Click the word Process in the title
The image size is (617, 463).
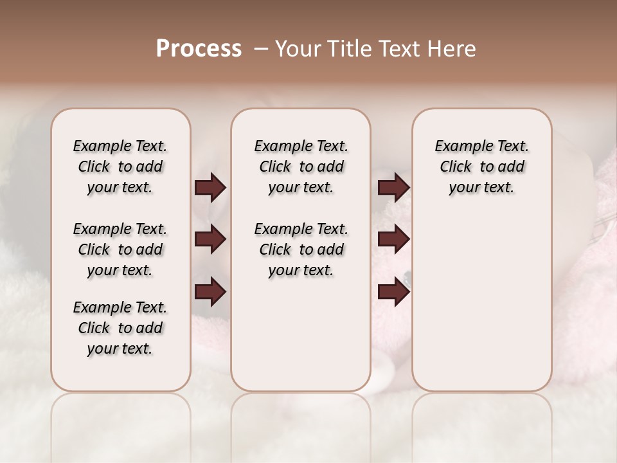(x=199, y=48)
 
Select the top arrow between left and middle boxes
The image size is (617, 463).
(x=210, y=188)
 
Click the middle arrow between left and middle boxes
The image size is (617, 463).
(x=210, y=240)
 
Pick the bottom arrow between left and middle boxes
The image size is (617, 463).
(x=210, y=292)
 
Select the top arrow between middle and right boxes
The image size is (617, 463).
(x=393, y=188)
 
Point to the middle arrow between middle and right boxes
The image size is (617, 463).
(x=393, y=240)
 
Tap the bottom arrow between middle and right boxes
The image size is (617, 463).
(x=393, y=292)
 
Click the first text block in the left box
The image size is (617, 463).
(x=120, y=167)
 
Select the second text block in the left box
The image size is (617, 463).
(x=120, y=250)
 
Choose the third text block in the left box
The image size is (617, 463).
(x=120, y=328)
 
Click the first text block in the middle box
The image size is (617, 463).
(x=301, y=167)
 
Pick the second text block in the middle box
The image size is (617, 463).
(x=301, y=250)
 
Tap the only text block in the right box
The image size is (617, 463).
(x=482, y=167)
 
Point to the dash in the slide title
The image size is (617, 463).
(x=261, y=49)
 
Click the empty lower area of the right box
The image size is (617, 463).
(x=482, y=302)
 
